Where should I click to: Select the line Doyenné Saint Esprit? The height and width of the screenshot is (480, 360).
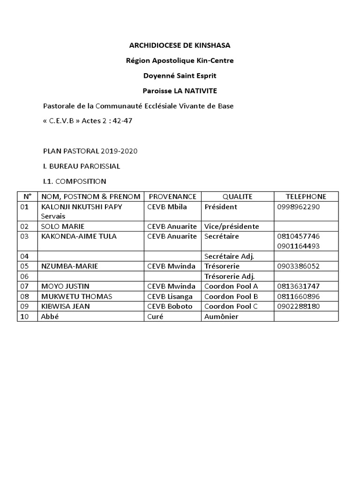click(180, 76)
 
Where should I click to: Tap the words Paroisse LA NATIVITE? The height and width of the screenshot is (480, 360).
click(180, 91)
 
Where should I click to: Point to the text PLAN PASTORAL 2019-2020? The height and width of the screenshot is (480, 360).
click(90, 151)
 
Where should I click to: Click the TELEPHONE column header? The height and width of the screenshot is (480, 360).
click(306, 196)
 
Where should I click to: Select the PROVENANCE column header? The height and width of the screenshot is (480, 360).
click(172, 196)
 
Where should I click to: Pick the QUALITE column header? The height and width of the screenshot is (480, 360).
click(237, 196)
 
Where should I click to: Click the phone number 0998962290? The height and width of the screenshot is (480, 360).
click(298, 207)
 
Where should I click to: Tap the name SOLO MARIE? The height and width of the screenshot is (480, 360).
click(63, 226)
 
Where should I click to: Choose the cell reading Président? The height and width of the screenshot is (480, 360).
click(221, 207)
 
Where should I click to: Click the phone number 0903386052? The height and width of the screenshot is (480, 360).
click(298, 266)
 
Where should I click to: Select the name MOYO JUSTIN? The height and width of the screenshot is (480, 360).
click(66, 286)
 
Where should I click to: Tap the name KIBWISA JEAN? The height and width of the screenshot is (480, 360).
click(66, 307)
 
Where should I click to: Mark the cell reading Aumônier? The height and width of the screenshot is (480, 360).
click(222, 317)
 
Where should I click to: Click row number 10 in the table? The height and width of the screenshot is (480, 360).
click(25, 317)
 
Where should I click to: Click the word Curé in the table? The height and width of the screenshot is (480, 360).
click(155, 317)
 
